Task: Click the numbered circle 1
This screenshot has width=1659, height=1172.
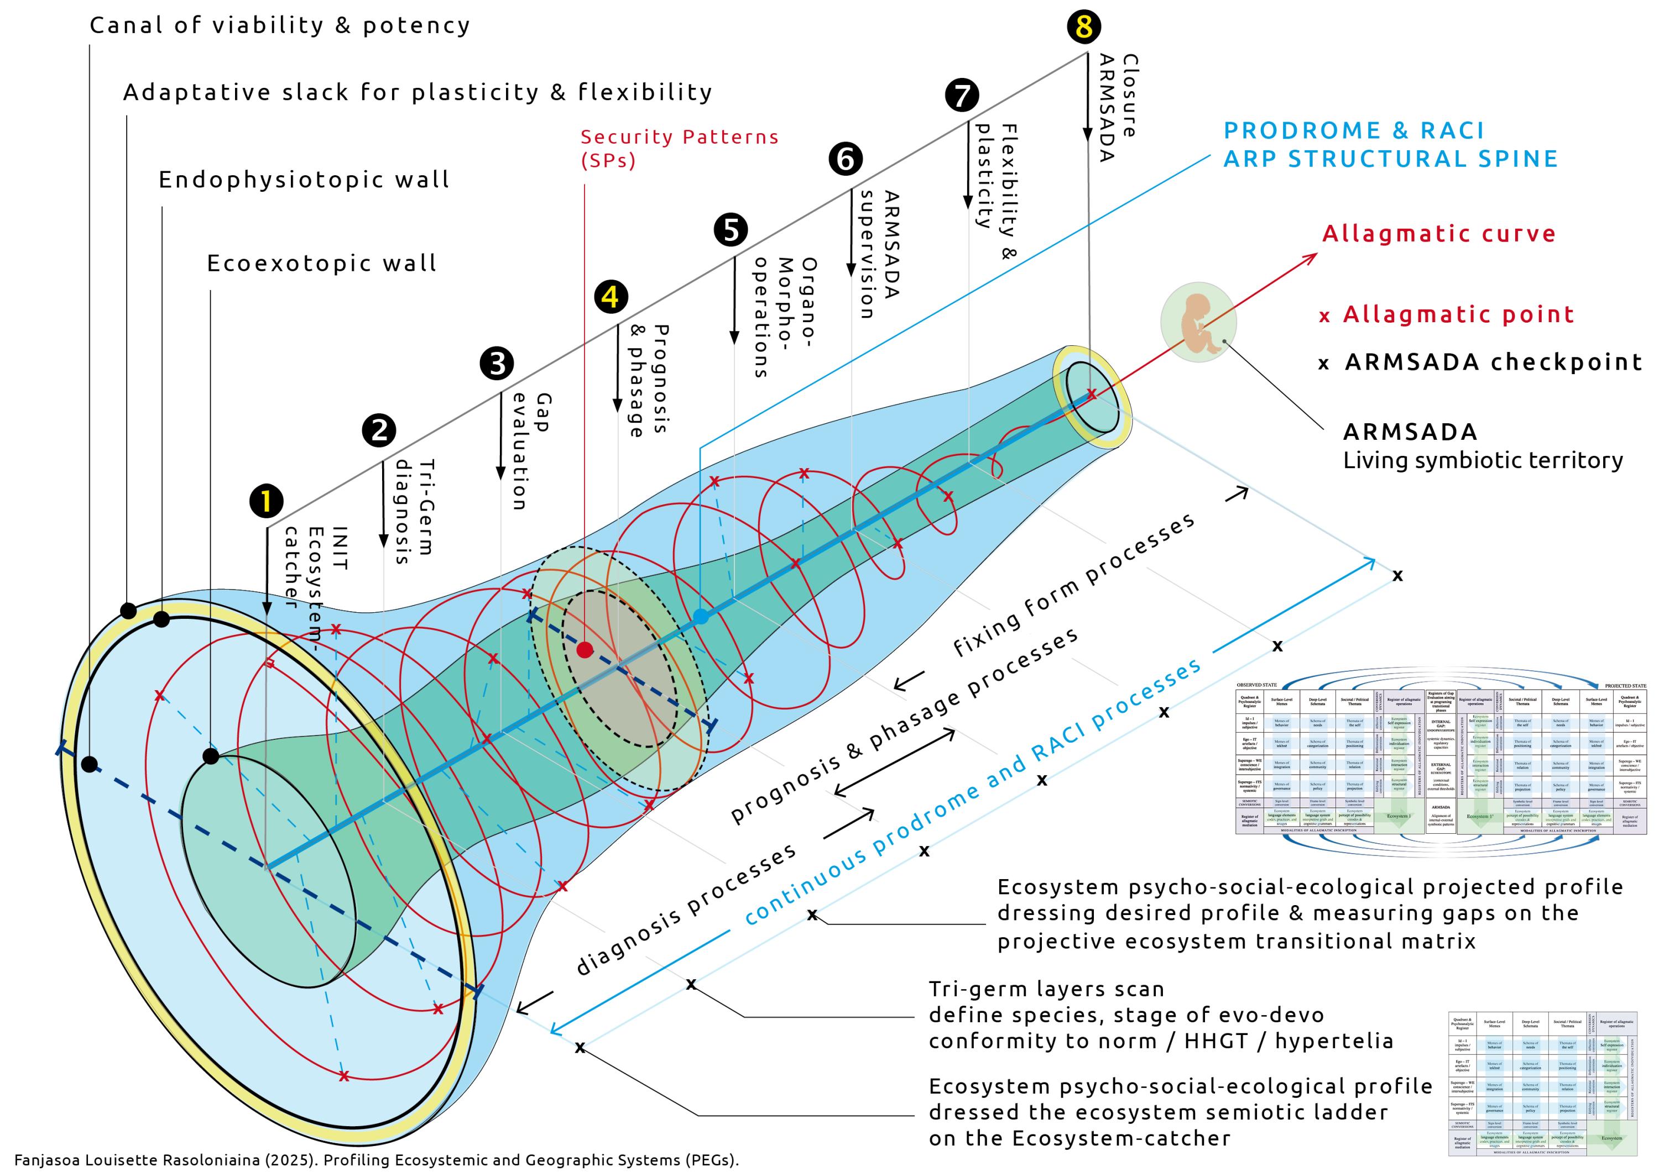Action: click(x=266, y=501)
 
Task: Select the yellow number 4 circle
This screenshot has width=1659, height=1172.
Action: click(x=611, y=297)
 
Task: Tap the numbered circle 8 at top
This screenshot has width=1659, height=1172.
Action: click(x=1083, y=26)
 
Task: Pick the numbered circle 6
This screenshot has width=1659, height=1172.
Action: click(x=846, y=158)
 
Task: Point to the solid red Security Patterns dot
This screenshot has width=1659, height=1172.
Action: click(x=585, y=649)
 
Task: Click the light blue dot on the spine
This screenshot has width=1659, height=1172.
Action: click(x=700, y=616)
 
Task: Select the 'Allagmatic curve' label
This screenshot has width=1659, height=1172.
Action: click(x=1438, y=233)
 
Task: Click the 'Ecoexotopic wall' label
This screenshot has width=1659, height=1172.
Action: click(x=321, y=263)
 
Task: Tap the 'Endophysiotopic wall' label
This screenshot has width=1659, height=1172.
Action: click(x=304, y=179)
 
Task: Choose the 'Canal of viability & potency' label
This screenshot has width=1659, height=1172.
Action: click(x=280, y=25)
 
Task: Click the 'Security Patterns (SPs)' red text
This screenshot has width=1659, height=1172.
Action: click(x=679, y=148)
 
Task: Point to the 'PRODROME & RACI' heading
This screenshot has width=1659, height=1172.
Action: click(x=1353, y=131)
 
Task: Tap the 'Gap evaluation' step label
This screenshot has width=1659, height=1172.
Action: click(x=530, y=451)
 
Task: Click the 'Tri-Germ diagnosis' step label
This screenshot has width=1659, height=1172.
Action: click(x=414, y=511)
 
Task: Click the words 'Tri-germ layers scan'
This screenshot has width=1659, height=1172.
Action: click(x=1046, y=989)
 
